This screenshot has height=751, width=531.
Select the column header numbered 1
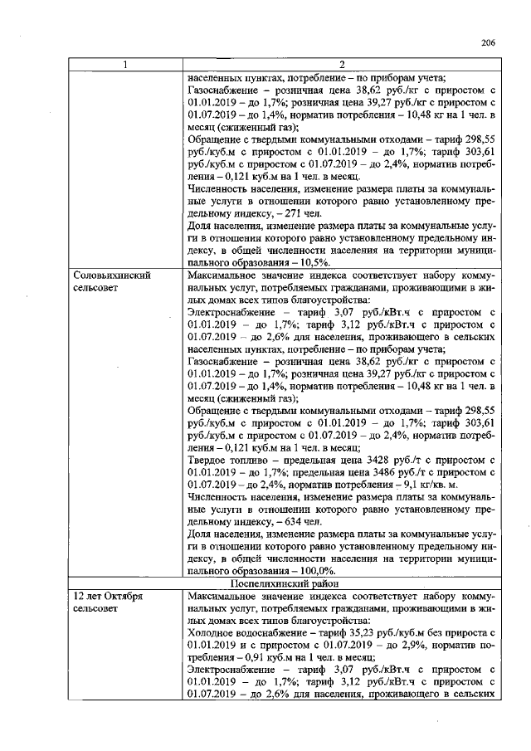pyautogui.click(x=125, y=66)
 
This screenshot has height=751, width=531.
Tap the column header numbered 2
pyautogui.click(x=341, y=66)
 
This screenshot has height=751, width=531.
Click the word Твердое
pyautogui.click(x=208, y=460)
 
